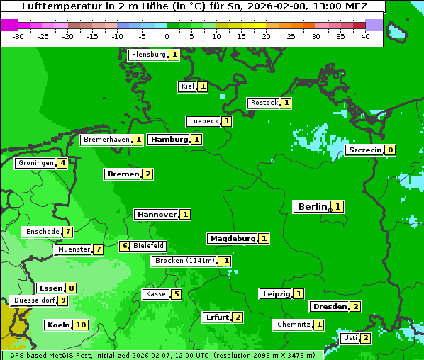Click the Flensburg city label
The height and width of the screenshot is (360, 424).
click(148, 55)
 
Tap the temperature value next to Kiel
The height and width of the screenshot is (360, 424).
click(202, 87)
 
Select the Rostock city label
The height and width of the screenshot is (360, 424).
click(264, 103)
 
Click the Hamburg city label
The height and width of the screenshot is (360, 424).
click(169, 140)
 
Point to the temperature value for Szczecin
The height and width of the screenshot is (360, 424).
click(390, 150)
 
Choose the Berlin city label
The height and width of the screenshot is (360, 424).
click(312, 207)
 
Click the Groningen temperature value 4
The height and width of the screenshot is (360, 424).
click(62, 163)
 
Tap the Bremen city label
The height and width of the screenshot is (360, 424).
click(122, 174)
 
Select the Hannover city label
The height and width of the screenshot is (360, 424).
click(156, 214)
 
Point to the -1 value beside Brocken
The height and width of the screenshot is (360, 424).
click(224, 261)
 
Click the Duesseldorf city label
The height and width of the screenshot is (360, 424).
click(33, 300)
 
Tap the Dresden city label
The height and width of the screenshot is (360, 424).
click(329, 307)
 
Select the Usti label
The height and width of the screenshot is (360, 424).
click(350, 338)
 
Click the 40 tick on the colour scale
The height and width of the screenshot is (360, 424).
click(365, 36)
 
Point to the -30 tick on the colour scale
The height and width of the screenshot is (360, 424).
click(18, 36)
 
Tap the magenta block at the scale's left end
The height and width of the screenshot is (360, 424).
click(10, 25)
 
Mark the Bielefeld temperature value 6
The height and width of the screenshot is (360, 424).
click(125, 247)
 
